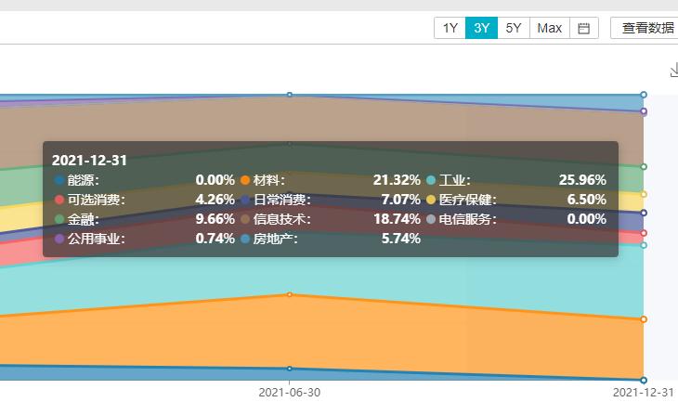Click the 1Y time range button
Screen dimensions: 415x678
pos(450,28)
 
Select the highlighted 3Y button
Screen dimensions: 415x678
pos(481,28)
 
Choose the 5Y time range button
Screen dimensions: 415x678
pos(514,28)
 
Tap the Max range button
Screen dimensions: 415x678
pos(549,28)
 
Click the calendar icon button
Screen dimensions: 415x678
pos(584,28)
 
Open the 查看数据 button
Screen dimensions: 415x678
pos(647,28)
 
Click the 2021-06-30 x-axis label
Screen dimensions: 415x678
pos(290,393)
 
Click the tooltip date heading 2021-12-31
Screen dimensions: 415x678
pos(89,160)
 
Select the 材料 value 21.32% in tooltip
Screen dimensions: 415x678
pos(397,180)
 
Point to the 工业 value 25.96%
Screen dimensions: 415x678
pos(582,180)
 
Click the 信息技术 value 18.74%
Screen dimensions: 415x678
pos(397,219)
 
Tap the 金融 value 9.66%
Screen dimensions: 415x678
pos(215,219)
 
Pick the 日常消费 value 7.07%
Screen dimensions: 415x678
pos(400,200)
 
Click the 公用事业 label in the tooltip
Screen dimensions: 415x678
pos(96,239)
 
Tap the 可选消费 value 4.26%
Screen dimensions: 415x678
pos(215,200)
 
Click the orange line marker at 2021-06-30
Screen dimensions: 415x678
pos(290,294)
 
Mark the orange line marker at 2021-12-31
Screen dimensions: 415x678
pos(643,319)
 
